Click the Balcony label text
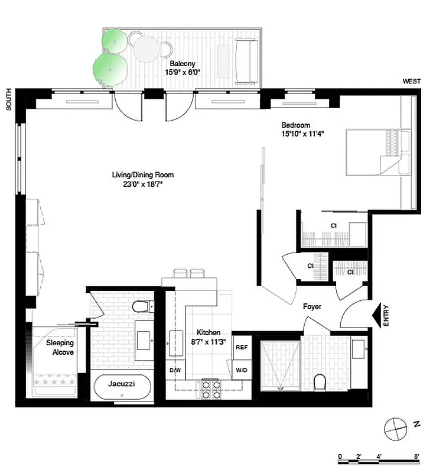(183, 64)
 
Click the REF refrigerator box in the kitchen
(241, 348)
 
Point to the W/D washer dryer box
(241, 370)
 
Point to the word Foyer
(312, 306)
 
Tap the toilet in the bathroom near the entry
(321, 383)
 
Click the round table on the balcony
(145, 50)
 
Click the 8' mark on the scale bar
(417, 456)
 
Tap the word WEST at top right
(411, 82)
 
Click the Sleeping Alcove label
(60, 348)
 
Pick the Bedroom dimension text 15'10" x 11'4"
(302, 134)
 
